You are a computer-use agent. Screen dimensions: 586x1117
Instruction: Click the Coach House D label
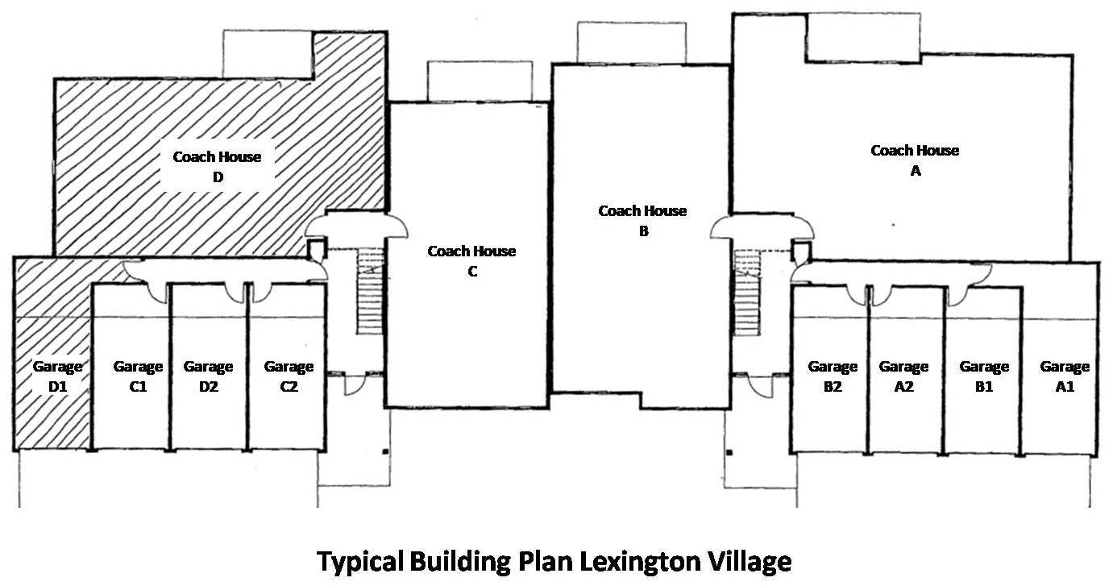click(x=218, y=167)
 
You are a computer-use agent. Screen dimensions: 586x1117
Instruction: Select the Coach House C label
click(x=471, y=261)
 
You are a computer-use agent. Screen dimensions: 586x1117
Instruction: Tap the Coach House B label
click(x=642, y=221)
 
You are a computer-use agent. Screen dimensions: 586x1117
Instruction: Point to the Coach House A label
click(x=915, y=160)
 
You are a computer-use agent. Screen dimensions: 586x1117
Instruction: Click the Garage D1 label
click(x=57, y=376)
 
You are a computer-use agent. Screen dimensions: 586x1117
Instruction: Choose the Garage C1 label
click(x=138, y=376)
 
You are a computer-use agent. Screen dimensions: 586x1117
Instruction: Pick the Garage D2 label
click(x=208, y=376)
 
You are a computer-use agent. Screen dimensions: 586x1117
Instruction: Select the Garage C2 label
click(x=289, y=376)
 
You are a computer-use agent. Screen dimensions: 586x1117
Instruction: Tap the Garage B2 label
click(x=833, y=376)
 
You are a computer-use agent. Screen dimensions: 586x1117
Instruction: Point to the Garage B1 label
click(x=984, y=376)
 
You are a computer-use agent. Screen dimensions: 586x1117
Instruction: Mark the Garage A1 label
click(x=1065, y=376)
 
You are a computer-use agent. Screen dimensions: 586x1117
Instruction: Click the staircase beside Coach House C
click(x=370, y=290)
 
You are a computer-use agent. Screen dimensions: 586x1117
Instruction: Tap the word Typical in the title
click(x=360, y=561)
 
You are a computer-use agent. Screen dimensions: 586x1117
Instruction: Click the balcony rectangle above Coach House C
click(x=479, y=81)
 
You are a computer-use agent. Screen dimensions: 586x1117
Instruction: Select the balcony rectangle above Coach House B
click(x=632, y=43)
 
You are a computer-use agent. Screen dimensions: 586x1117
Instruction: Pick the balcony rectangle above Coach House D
click(x=267, y=54)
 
